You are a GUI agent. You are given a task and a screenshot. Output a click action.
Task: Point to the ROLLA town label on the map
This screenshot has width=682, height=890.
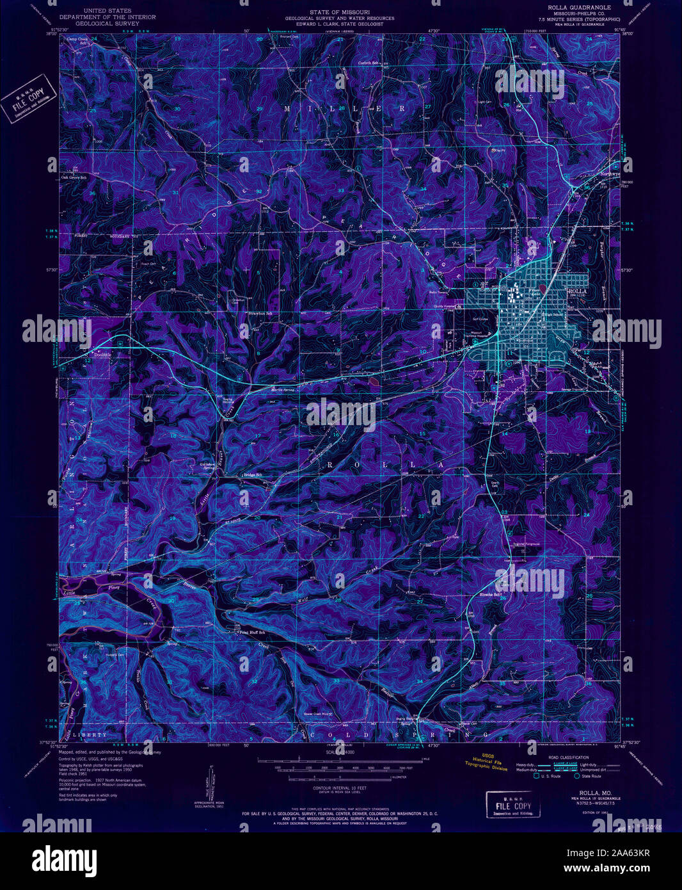(x=577, y=291)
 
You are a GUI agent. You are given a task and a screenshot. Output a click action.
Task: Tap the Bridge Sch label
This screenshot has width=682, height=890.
(x=253, y=475)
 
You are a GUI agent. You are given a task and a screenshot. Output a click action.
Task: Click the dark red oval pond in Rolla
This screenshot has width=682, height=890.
(x=543, y=290)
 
